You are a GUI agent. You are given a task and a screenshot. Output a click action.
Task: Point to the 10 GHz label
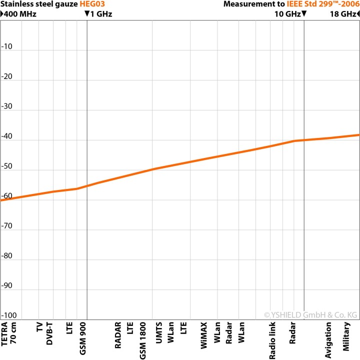(287, 14)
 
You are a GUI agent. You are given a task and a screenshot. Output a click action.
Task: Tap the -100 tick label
(9, 315)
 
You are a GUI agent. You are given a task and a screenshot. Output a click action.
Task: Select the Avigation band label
(329, 331)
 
